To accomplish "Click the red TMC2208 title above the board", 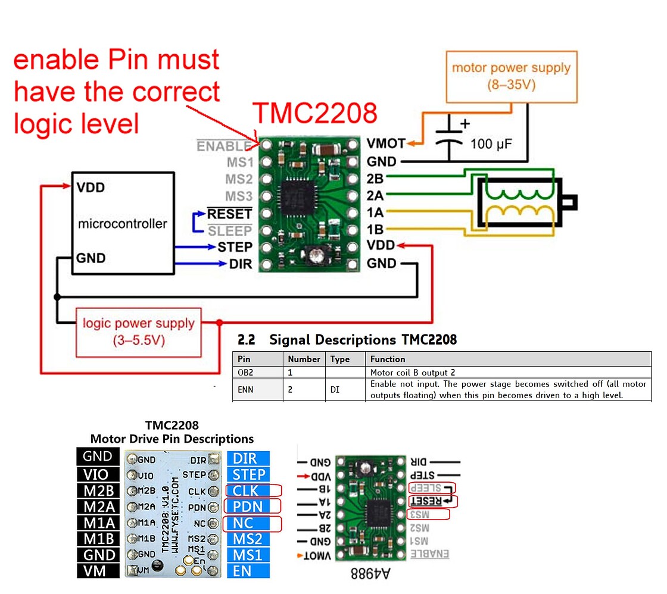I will pyautogui.click(x=315, y=114).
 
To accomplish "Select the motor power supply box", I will pyautogui.click(x=510, y=75).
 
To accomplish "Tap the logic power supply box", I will pyautogui.click(x=138, y=332).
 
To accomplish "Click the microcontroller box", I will pyautogui.click(x=123, y=223).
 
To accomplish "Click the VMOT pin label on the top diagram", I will pyautogui.click(x=385, y=143).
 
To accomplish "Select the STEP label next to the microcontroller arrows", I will pyautogui.click(x=235, y=246).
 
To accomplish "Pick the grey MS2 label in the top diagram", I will pyautogui.click(x=239, y=179).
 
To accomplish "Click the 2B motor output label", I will pyautogui.click(x=376, y=179).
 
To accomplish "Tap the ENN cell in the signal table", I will pyautogui.click(x=257, y=389).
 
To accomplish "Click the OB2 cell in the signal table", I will pyautogui.click(x=257, y=372).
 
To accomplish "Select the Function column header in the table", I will pyautogui.click(x=388, y=359).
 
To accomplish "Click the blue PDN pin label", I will pyautogui.click(x=248, y=507).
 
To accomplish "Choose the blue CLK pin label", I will pyautogui.click(x=248, y=490).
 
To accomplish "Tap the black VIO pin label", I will pyautogui.click(x=98, y=474).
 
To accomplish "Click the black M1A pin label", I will pyautogui.click(x=98, y=523).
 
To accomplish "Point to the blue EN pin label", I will pyautogui.click(x=248, y=571).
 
